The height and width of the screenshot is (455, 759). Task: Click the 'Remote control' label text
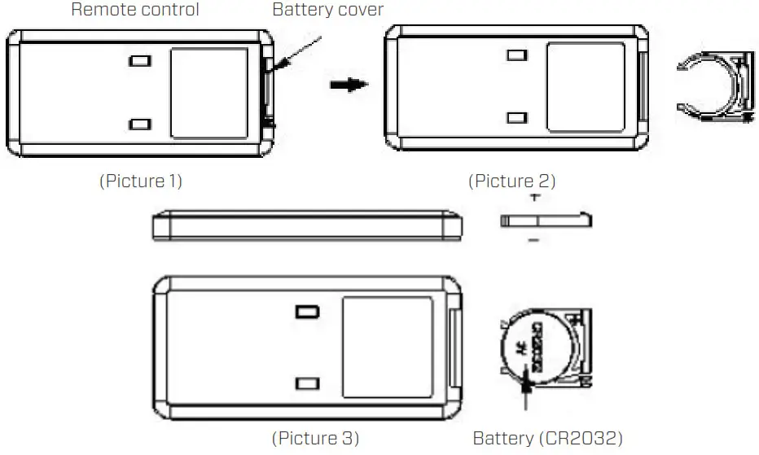tap(134, 11)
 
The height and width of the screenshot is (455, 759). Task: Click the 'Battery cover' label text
tap(327, 11)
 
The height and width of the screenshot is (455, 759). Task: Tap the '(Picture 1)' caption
tap(140, 181)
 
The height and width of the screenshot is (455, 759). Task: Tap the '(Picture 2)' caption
tap(511, 181)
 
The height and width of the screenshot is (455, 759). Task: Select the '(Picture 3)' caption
tap(314, 438)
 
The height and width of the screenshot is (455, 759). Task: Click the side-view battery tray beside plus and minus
tap(545, 220)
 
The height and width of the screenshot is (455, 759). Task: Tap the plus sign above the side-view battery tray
tap(534, 198)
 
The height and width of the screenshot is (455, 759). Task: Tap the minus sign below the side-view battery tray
tap(533, 240)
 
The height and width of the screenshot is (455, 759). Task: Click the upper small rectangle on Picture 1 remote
tap(140, 61)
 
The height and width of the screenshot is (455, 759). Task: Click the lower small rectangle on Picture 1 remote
tap(140, 124)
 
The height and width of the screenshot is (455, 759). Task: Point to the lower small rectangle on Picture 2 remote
tap(515, 118)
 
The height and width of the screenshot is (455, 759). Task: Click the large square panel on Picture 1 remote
tap(208, 91)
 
